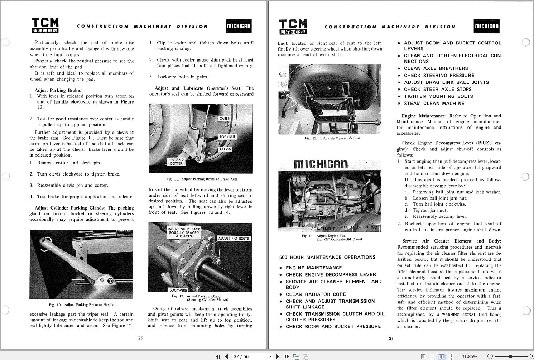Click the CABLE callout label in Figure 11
click(224, 119)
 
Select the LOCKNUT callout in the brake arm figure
click(227, 137)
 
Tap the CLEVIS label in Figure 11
click(225, 149)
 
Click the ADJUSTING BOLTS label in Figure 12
click(234, 239)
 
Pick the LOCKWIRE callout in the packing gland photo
click(178, 290)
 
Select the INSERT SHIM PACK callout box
click(184, 232)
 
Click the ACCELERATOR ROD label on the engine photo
click(359, 227)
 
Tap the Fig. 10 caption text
click(81, 305)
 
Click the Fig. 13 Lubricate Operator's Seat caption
click(332, 138)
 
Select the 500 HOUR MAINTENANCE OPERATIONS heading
click(327, 257)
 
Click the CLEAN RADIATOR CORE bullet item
click(316, 294)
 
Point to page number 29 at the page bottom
click(141, 338)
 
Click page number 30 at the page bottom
click(390, 339)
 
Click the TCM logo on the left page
click(45, 25)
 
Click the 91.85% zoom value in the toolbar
click(469, 356)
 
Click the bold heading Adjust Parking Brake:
click(58, 90)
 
